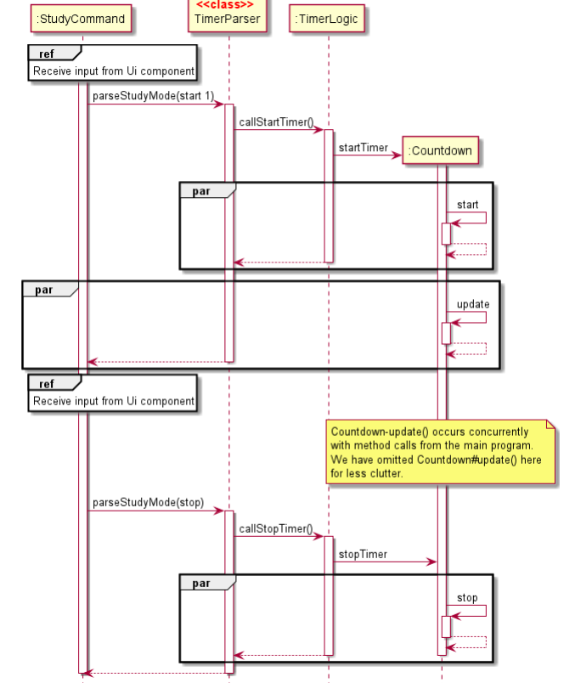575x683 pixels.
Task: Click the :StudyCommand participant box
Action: (x=82, y=19)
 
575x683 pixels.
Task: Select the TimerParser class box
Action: (x=228, y=17)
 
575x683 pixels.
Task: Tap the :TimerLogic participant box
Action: (x=327, y=19)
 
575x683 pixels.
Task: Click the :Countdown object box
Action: (x=440, y=151)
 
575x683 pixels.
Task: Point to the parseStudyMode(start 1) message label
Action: (x=153, y=96)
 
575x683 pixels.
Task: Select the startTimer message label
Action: (x=363, y=148)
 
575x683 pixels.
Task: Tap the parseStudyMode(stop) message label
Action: (x=148, y=502)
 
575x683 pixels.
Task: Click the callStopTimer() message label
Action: (x=275, y=528)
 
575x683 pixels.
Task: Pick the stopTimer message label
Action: (x=363, y=554)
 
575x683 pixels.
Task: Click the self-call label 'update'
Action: (x=472, y=304)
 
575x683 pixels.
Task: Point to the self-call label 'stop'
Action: (x=467, y=598)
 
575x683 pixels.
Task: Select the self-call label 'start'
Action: (x=467, y=205)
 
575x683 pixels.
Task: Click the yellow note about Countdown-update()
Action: (x=441, y=452)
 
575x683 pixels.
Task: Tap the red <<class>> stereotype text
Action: (x=225, y=5)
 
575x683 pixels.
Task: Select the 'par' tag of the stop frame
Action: (x=201, y=584)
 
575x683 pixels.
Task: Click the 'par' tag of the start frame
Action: (x=201, y=191)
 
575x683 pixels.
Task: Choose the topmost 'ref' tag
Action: (x=47, y=54)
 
